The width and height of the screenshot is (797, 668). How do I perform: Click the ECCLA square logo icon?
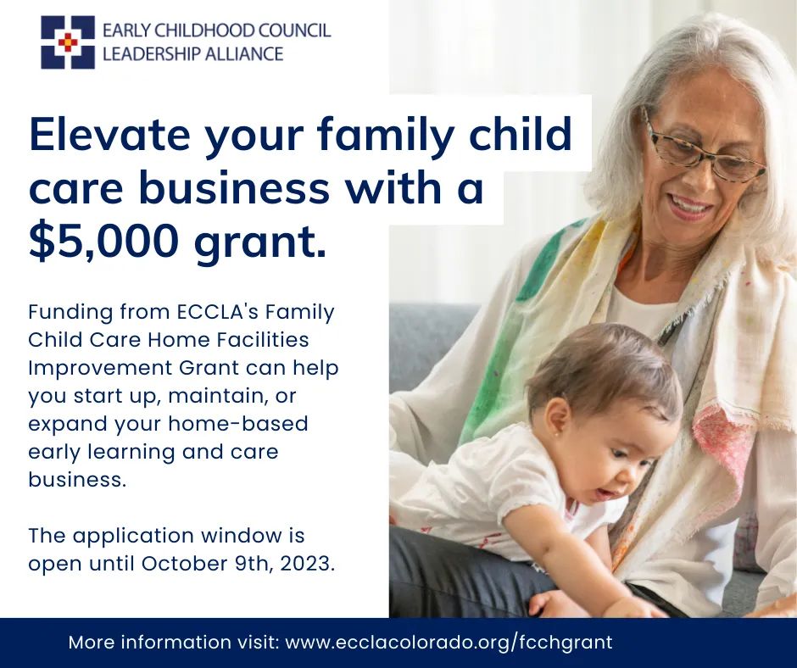coord(68,42)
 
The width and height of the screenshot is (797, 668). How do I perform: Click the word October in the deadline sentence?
coord(181,564)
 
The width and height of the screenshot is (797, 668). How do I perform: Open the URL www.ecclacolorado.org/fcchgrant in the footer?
coord(449,642)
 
